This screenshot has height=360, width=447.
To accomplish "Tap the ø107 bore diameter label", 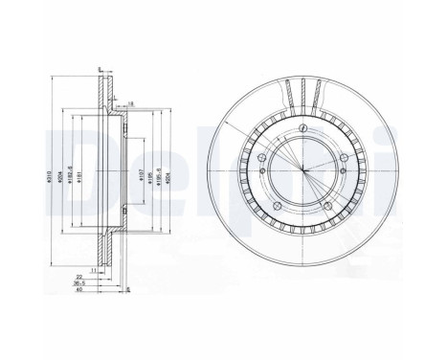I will point(133,176).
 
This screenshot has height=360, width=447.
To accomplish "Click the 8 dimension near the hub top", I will point(130,102).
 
